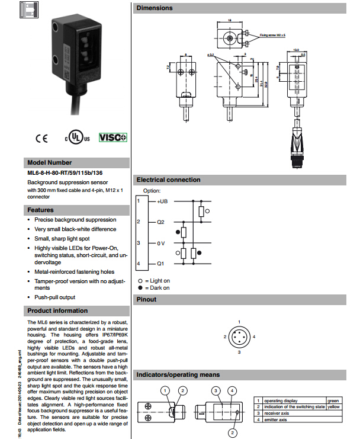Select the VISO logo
tap(112, 137)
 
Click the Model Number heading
tap(50, 162)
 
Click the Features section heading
tap(40, 210)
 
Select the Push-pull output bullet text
tap(54, 297)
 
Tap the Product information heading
tap(57, 310)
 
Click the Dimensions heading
tap(155, 8)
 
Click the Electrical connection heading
tap(168, 180)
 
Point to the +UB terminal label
tap(163, 201)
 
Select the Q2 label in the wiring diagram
tap(160, 222)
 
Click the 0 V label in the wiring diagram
tap(161, 243)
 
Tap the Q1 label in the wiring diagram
tap(160, 263)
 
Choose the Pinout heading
tap(146, 299)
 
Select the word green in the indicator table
tap(333, 400)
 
